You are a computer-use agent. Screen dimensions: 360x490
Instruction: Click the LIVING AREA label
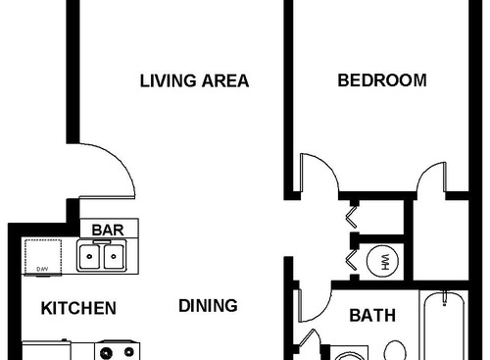[x=193, y=80]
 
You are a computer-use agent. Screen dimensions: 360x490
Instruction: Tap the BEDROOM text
[x=382, y=80]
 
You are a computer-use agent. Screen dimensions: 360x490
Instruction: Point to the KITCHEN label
[x=78, y=308]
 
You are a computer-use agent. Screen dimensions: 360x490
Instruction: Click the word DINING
[x=208, y=305]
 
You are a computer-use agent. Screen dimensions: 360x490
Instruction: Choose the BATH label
[x=372, y=316]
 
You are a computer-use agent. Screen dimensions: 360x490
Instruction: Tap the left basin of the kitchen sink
[x=90, y=257]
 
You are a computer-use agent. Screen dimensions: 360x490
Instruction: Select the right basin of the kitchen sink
[x=114, y=257]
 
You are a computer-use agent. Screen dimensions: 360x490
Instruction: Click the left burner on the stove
[x=105, y=351]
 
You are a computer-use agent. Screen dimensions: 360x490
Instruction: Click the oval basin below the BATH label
[x=395, y=349]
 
